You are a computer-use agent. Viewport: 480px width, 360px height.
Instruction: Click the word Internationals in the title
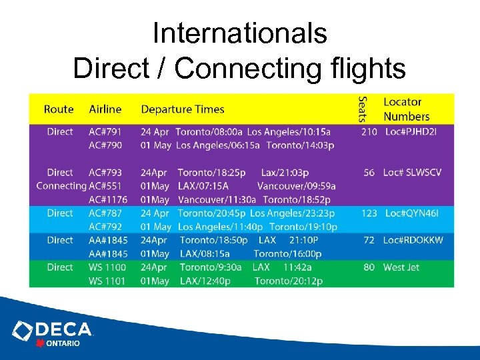tap(239, 33)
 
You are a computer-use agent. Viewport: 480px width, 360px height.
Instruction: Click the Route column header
tap(59, 109)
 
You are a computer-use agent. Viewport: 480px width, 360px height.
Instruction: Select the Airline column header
tap(105, 109)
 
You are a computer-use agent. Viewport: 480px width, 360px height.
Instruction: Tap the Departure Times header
tap(183, 109)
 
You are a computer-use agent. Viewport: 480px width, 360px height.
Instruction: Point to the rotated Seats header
tap(363, 109)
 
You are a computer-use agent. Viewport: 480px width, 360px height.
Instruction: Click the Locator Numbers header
tap(406, 109)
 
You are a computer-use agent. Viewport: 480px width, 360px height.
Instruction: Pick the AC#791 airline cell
tap(105, 132)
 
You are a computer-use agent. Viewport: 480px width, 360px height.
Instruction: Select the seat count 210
tap(369, 132)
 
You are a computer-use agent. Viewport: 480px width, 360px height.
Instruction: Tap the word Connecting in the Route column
tap(61, 186)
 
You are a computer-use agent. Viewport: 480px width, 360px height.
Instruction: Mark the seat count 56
tap(369, 173)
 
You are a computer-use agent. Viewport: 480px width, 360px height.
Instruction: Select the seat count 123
tap(369, 213)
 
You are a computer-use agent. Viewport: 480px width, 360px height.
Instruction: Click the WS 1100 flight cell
tap(107, 267)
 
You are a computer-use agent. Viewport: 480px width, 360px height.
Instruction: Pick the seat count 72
tap(369, 240)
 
